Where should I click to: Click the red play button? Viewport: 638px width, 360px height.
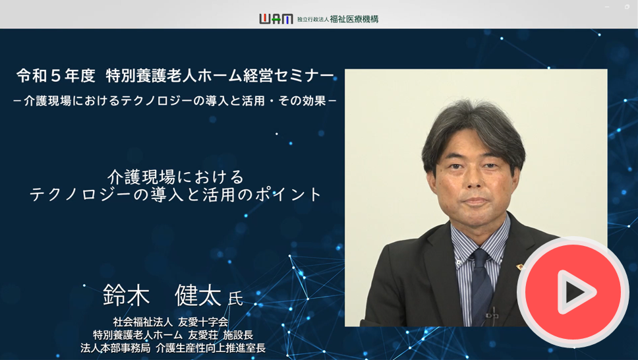573,292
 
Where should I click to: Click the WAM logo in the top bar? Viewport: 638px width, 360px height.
276,18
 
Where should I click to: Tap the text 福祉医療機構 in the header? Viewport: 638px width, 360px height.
354,19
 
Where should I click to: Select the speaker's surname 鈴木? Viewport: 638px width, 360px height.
126,295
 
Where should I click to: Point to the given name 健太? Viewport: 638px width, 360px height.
198,295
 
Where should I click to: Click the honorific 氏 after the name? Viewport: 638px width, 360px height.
235,299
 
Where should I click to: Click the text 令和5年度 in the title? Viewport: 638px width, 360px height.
56,76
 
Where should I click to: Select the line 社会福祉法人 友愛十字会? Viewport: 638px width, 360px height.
171,322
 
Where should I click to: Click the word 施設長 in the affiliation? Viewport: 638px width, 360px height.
238,335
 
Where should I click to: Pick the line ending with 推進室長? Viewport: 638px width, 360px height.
173,347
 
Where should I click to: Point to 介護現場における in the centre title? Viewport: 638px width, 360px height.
176,177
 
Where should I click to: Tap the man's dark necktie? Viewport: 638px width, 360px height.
481,285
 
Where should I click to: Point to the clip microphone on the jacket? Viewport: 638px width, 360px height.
492,315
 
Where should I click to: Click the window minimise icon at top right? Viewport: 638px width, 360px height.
607,7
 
